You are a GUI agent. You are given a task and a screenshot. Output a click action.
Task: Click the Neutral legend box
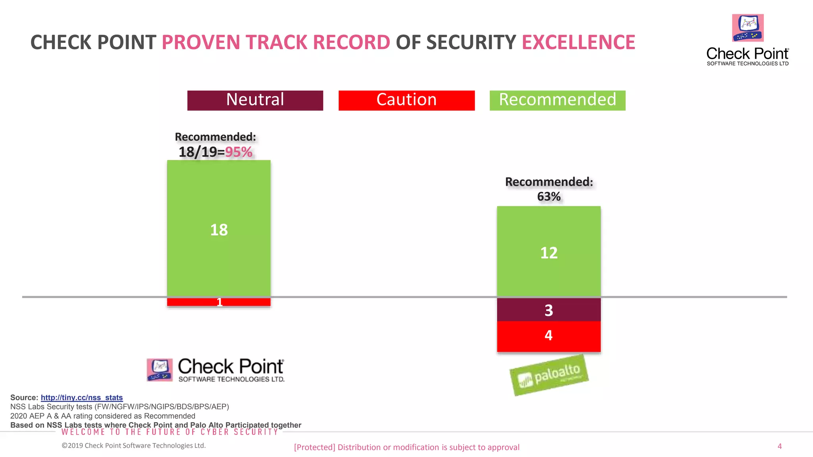255,100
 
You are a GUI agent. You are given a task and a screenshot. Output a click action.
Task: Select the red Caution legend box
406,100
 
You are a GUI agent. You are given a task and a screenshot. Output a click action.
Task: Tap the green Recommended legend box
557,100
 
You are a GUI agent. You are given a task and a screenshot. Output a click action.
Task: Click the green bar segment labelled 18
219,229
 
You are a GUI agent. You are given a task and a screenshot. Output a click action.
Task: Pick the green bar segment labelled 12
549,252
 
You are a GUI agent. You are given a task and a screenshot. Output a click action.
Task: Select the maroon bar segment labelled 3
549,310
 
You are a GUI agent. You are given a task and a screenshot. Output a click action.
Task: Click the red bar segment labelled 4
549,336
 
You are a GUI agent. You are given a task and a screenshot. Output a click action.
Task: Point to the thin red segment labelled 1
219,302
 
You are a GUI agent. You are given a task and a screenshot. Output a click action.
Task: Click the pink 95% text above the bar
239,152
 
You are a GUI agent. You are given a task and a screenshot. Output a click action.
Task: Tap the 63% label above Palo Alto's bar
549,197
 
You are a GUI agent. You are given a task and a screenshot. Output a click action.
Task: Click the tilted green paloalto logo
549,375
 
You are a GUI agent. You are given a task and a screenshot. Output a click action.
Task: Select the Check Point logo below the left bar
216,370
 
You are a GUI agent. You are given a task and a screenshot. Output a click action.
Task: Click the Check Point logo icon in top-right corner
747,28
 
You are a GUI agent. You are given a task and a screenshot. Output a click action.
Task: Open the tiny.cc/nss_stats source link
82,397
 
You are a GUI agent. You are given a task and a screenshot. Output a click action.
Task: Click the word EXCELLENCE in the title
578,42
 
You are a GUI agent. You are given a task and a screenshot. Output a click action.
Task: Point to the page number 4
779,446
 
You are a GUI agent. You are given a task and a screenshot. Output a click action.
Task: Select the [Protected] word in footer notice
314,447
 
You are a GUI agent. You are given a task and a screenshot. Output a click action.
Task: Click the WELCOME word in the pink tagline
83,432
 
